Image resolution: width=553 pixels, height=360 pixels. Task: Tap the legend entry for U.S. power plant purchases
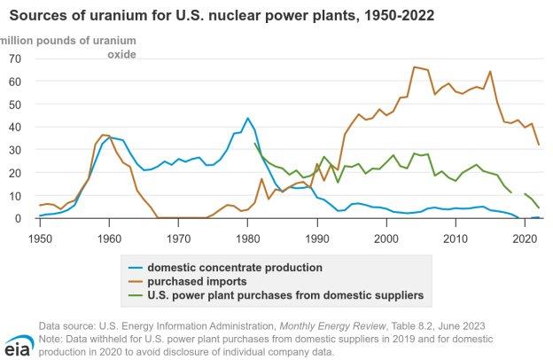(284, 293)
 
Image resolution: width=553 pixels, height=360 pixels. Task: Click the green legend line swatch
(134, 293)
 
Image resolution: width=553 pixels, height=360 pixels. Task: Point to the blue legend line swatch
(134, 266)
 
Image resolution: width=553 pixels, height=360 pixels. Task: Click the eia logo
(19, 343)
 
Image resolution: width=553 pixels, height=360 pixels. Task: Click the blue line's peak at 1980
(247, 118)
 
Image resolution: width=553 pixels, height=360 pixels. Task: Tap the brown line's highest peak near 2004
(414, 67)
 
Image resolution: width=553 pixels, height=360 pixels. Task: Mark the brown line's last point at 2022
(538, 145)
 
